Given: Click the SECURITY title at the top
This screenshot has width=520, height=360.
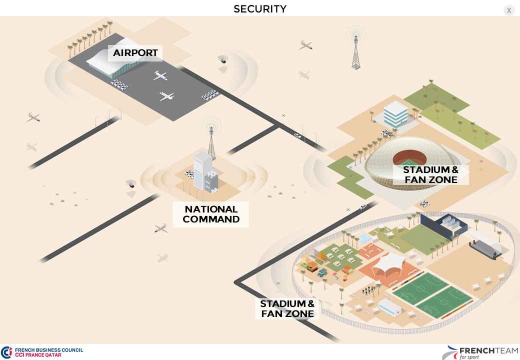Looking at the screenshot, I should pyautogui.click(x=260, y=9).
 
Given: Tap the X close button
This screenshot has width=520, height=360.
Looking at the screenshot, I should pyautogui.click(x=509, y=10).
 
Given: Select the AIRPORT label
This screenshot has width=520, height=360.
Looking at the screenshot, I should pyautogui.click(x=135, y=53).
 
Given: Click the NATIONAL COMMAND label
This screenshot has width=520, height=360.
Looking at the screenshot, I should pyautogui.click(x=211, y=214).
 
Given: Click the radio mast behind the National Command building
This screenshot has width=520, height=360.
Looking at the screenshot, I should pyautogui.click(x=211, y=137).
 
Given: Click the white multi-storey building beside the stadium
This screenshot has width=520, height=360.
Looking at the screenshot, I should pyautogui.click(x=395, y=114).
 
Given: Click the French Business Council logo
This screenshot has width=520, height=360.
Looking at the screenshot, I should pyautogui.click(x=42, y=352).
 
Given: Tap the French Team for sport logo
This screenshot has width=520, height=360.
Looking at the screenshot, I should pyautogui.click(x=480, y=352).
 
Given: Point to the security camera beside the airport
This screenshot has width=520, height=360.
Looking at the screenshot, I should pyautogui.click(x=222, y=59).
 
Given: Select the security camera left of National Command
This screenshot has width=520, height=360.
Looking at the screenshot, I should pyautogui.click(x=131, y=183).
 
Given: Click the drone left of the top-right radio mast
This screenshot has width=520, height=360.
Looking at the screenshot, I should pyautogui.click(x=306, y=45).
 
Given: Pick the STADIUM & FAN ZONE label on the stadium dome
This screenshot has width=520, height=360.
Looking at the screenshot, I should pyautogui.click(x=430, y=174).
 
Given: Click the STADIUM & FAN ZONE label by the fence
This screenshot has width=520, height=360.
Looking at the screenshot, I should pyautogui.click(x=287, y=308).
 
